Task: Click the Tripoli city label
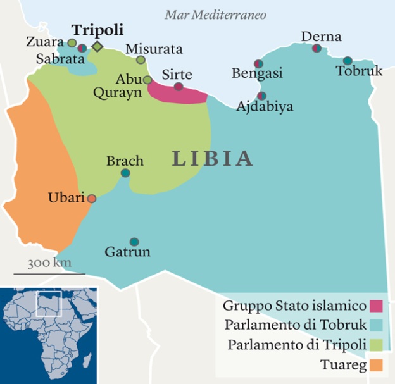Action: pos(97,30)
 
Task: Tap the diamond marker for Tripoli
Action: pos(97,47)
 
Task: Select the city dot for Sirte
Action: pos(179,87)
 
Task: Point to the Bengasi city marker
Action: pos(258,64)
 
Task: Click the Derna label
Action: pos(321,37)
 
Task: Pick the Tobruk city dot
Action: pos(348,61)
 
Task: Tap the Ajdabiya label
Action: pos(265,107)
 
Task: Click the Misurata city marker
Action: pos(141,59)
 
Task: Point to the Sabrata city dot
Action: pos(82,47)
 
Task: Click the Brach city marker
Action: pos(125,173)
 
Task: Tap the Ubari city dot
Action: pos(92,199)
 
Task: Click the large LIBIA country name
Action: pos(213,158)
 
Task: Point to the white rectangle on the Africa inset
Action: pos(48,304)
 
